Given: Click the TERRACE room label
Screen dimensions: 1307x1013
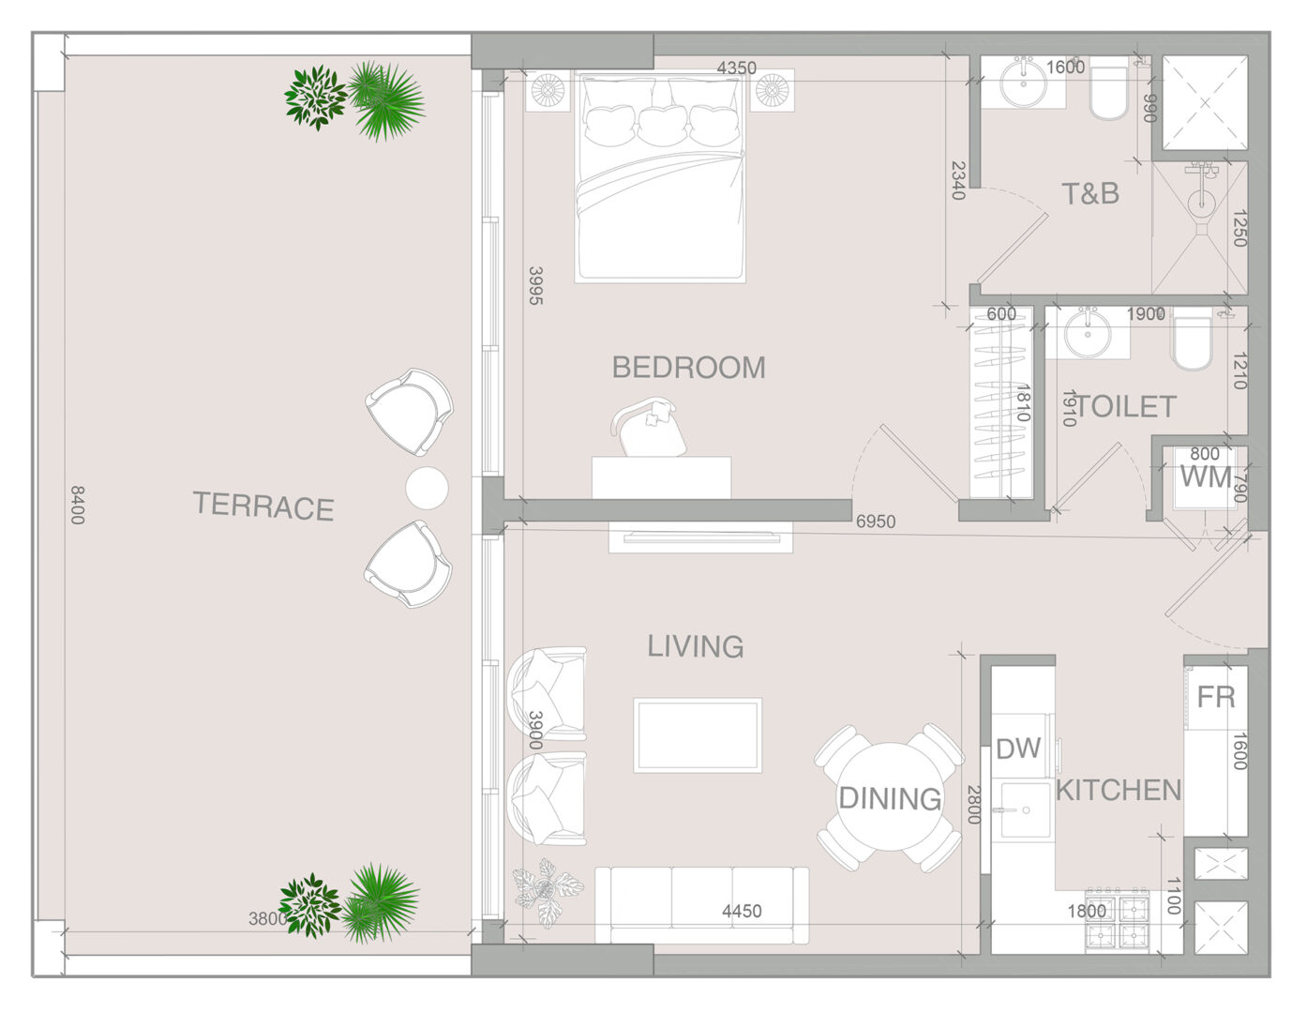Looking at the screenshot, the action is [263, 506].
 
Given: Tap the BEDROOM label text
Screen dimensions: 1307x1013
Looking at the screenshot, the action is [689, 368].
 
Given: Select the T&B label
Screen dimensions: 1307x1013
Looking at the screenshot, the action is [1090, 194].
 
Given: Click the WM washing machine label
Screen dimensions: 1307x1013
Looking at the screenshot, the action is [1206, 477].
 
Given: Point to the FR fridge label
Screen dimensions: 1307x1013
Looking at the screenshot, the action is [1215, 697].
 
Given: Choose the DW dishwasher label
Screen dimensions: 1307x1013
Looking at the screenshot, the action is [1018, 748].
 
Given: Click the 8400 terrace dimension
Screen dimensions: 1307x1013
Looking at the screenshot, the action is [77, 505].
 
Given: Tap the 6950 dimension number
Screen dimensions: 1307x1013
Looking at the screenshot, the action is [876, 522].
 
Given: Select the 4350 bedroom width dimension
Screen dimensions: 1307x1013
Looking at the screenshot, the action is [737, 68].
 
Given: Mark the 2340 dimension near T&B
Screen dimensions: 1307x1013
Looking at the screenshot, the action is [958, 180].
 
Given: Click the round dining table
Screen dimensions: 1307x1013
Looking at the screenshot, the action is [890, 797].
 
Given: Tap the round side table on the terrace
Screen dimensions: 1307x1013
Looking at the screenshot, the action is [427, 488].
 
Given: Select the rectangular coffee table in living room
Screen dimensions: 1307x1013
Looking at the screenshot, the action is [698, 735].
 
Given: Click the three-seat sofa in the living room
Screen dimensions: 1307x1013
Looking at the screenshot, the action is [702, 905].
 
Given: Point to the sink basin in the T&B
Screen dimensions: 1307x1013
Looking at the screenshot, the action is [1023, 83].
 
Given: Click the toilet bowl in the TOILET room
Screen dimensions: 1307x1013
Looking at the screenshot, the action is [1191, 342].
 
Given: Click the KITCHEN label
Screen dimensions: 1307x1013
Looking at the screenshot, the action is [1119, 790].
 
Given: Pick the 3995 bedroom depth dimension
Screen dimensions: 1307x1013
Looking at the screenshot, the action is [535, 286].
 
